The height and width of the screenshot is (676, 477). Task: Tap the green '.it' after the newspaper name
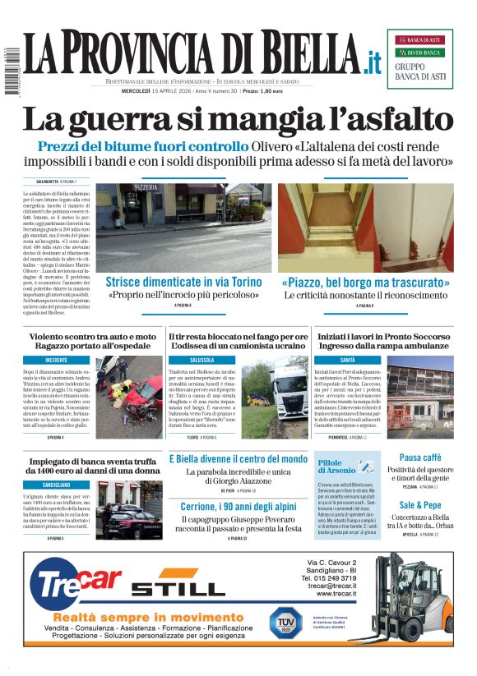pos(373,62)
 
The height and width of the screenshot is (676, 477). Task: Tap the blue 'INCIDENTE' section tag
pos(57,360)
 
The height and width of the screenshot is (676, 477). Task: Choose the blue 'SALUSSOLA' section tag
pos(202,360)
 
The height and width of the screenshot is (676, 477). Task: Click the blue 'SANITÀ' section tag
pos(348,360)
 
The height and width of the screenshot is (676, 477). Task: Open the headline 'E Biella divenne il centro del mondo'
pos(238,459)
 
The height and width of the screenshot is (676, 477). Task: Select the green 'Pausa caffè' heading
pos(420,458)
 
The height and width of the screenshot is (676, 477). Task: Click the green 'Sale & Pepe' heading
pos(420,505)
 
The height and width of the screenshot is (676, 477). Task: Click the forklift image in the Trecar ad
pos(411,600)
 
